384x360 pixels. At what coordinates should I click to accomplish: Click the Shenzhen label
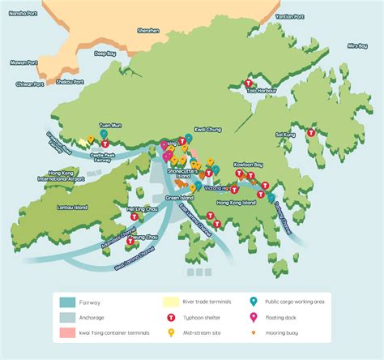[x=147, y=30]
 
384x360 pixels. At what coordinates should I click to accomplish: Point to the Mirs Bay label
[x=356, y=46]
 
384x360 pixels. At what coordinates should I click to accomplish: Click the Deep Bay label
[x=105, y=54]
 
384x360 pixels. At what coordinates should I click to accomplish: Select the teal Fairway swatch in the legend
[x=67, y=301]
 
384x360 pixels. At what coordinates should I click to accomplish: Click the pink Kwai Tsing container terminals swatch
[x=67, y=332]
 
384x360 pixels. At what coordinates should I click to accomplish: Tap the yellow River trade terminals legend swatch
[x=172, y=301]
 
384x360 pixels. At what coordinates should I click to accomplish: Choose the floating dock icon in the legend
[x=252, y=316]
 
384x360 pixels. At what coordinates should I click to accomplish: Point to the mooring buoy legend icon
[x=252, y=332]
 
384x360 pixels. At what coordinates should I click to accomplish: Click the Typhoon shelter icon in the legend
[x=172, y=316]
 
